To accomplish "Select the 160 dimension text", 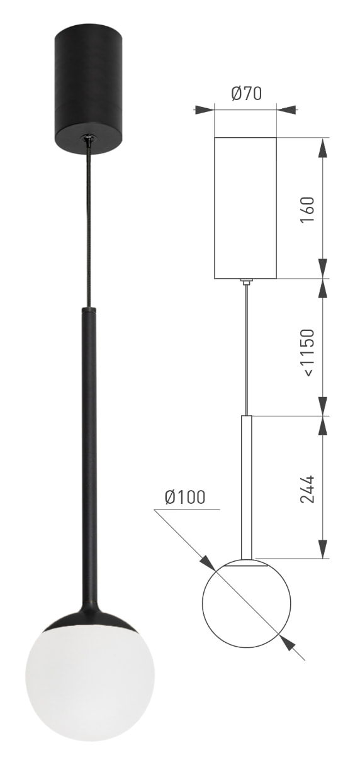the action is [308, 209].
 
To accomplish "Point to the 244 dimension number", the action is [308, 489].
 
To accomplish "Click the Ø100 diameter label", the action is [185, 497].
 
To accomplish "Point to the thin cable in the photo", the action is [89, 223].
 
